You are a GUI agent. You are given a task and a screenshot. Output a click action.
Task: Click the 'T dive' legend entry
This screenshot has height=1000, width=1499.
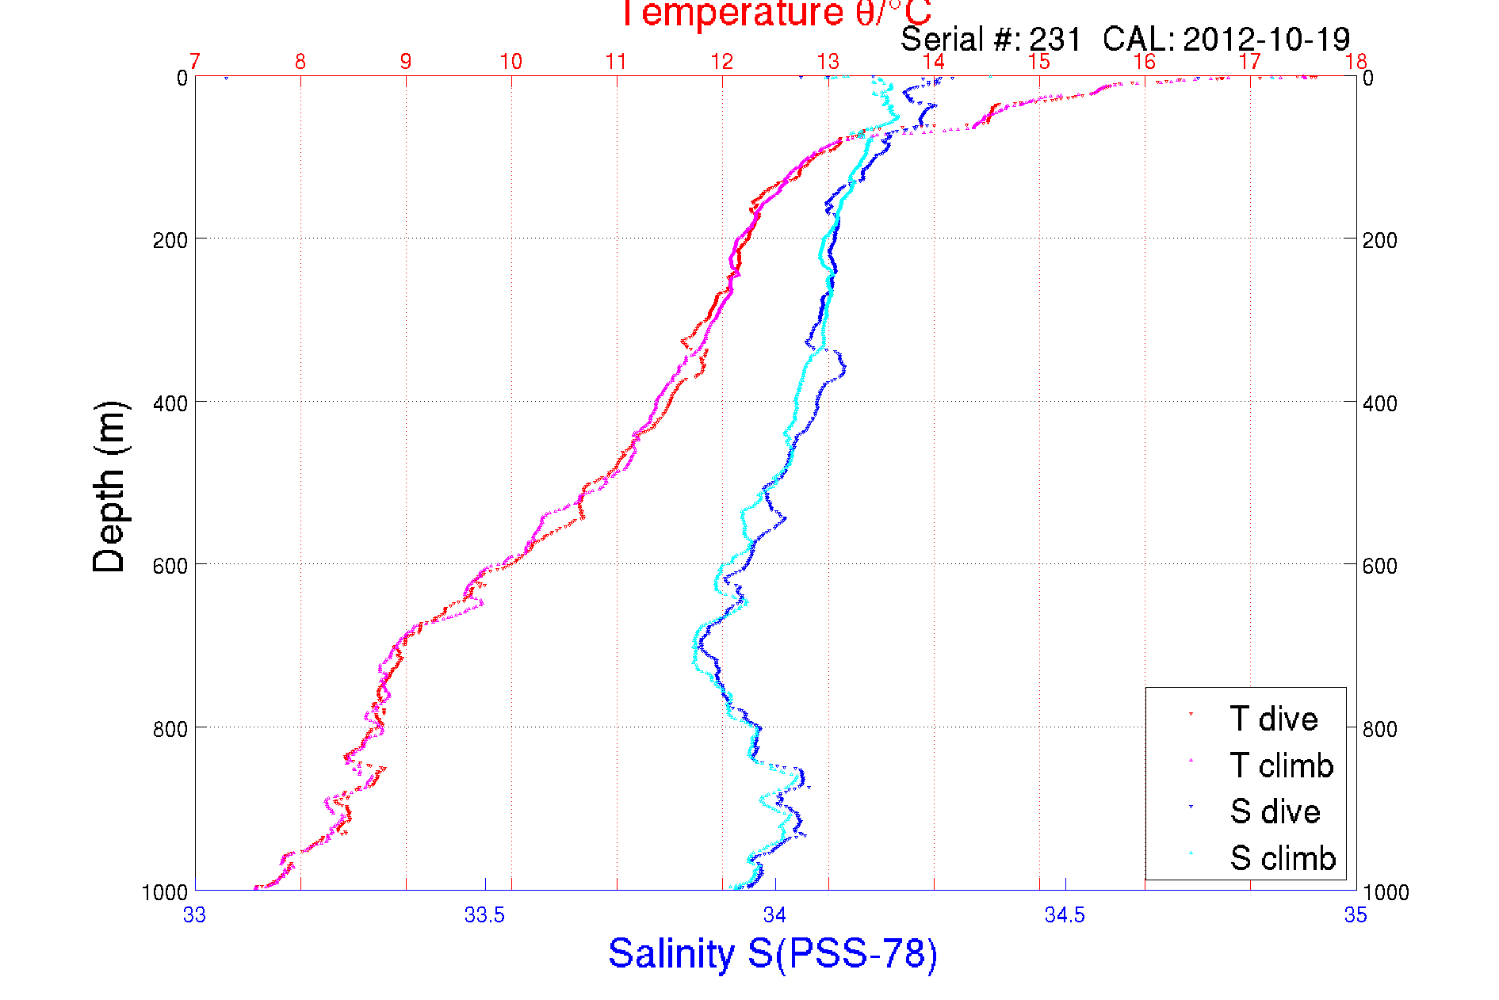(x=1273, y=719)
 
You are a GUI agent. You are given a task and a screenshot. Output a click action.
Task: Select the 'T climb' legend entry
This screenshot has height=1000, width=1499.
(x=1281, y=765)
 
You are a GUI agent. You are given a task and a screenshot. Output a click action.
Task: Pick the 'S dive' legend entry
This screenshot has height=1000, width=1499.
(x=1275, y=811)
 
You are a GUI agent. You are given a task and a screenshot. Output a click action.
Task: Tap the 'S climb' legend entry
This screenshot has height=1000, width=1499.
(x=1283, y=858)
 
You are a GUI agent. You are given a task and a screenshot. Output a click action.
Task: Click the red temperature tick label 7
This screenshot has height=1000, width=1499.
(x=195, y=62)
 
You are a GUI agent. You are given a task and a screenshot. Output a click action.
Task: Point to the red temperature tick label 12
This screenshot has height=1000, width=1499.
(x=722, y=62)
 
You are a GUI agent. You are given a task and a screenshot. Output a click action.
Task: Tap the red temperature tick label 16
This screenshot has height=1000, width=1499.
(x=1144, y=62)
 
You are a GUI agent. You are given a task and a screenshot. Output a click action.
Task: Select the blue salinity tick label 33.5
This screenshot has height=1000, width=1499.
(x=484, y=915)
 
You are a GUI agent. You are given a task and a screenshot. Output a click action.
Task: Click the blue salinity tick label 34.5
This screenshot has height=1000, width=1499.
(x=1065, y=915)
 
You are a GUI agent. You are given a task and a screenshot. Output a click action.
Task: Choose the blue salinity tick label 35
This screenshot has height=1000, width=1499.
(x=1356, y=915)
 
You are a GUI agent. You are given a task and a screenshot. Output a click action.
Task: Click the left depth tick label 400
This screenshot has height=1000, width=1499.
(x=170, y=403)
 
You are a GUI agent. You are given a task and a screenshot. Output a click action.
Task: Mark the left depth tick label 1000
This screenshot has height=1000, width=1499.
(x=165, y=892)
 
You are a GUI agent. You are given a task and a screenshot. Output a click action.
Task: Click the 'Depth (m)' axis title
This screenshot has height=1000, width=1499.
(x=109, y=487)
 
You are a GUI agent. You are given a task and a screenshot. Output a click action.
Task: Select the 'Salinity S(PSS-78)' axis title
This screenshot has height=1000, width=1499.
(x=773, y=953)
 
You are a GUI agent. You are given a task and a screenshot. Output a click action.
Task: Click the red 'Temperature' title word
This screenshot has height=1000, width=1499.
(x=730, y=13)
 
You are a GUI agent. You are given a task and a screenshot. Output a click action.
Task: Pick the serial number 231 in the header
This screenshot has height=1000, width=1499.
(x=1055, y=39)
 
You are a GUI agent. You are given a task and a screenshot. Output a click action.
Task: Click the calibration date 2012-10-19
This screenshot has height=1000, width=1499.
(x=1266, y=39)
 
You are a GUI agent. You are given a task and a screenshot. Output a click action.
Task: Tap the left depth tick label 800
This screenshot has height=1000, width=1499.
(x=170, y=729)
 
